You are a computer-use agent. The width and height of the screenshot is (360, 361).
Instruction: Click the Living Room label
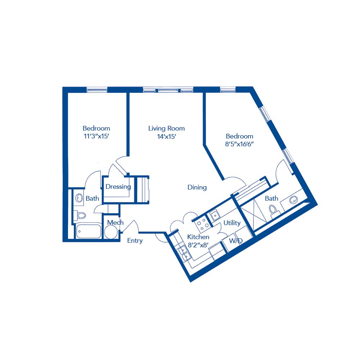(166, 128)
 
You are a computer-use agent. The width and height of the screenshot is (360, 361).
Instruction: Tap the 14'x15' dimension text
(166, 137)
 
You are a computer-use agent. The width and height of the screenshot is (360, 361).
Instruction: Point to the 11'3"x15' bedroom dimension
(96, 137)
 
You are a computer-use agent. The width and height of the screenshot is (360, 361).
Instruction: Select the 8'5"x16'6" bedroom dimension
(239, 145)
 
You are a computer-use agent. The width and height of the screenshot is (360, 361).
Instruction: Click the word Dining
(197, 187)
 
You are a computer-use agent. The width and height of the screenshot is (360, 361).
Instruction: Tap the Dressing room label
(118, 187)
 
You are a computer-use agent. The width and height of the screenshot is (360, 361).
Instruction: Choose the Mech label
(115, 223)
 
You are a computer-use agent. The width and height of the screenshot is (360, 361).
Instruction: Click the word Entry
(135, 241)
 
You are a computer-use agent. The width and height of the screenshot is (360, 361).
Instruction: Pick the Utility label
(232, 223)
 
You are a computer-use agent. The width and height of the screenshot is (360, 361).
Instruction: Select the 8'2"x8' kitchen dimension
(198, 245)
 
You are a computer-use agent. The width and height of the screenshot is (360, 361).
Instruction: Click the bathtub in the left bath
(89, 231)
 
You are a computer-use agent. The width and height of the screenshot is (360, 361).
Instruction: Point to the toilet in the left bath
(81, 215)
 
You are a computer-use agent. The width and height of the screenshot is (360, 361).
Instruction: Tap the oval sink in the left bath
(79, 198)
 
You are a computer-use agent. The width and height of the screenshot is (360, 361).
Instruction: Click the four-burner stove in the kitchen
(202, 224)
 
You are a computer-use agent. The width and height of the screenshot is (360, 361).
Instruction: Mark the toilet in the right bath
(274, 210)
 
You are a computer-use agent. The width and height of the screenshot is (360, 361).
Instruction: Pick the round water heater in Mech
(111, 232)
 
